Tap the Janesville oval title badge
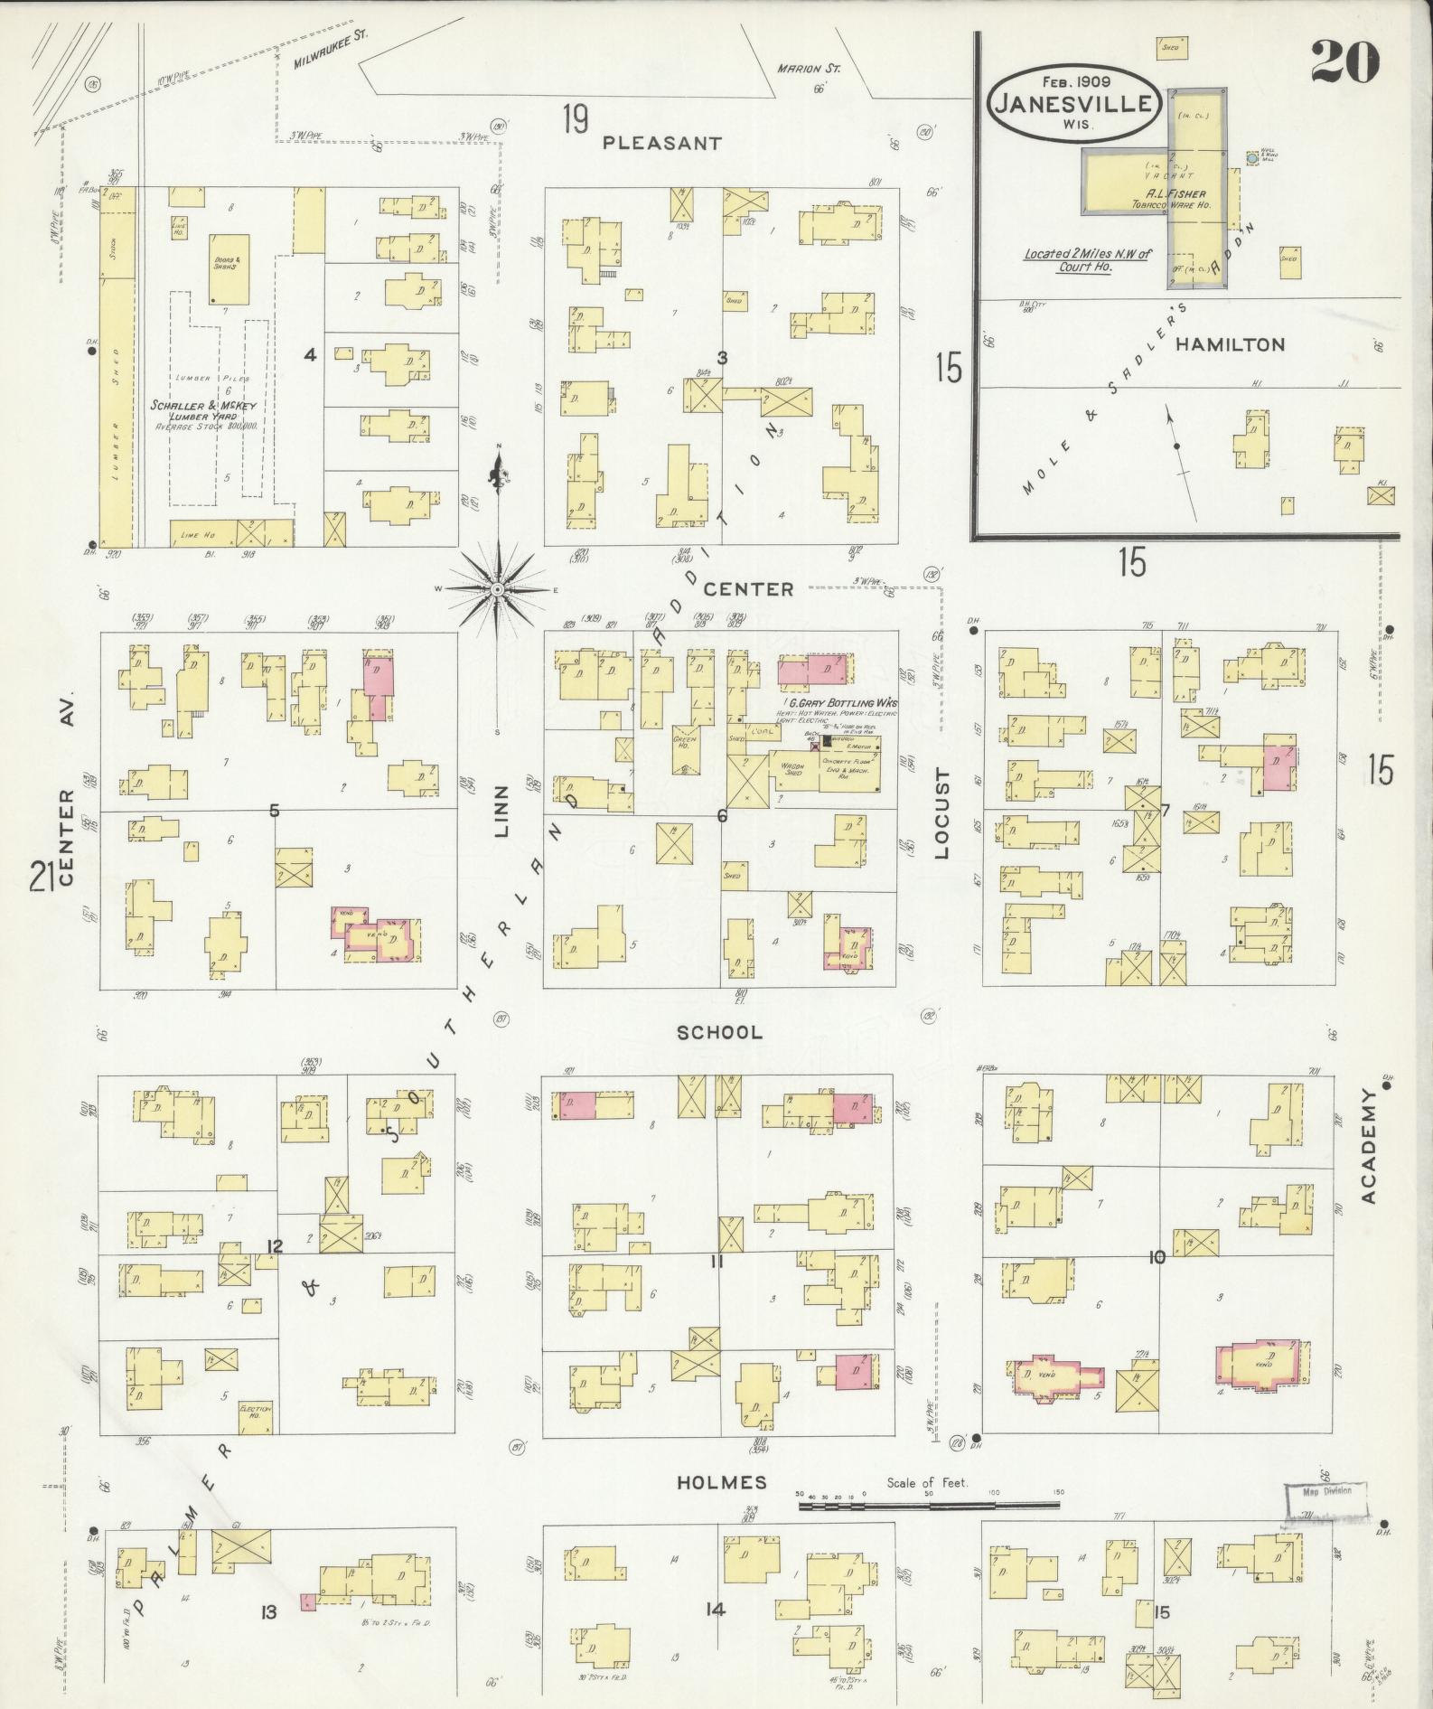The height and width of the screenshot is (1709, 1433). tap(1073, 101)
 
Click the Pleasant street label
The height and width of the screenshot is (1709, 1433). tap(662, 143)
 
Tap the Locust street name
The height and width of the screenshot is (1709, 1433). tap(942, 812)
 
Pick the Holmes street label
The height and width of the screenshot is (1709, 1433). tap(721, 1482)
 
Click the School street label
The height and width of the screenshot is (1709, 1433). tap(720, 1032)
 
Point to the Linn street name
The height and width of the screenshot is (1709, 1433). tap(503, 811)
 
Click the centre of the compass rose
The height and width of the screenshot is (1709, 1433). tap(497, 589)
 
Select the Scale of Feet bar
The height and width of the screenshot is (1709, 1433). tap(928, 1505)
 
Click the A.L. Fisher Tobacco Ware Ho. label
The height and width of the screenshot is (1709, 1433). tap(1176, 199)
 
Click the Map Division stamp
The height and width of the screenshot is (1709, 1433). tap(1325, 1491)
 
